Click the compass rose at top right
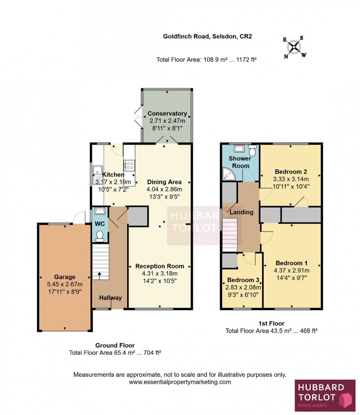(294, 47)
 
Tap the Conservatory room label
(167, 113)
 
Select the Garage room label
(65, 277)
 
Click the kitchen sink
(97, 171)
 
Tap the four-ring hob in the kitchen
(130, 164)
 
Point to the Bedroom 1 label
(291, 263)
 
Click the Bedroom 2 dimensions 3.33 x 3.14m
(291, 179)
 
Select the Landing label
(241, 212)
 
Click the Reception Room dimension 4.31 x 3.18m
(159, 274)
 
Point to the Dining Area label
(164, 182)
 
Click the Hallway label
(110, 298)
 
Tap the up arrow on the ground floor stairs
(98, 273)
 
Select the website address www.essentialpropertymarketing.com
(180, 382)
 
